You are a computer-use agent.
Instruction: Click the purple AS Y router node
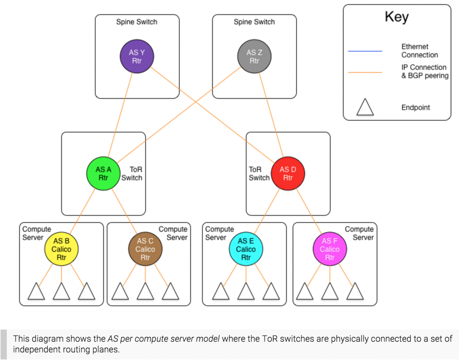(137, 57)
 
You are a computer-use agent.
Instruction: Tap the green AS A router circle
(103, 173)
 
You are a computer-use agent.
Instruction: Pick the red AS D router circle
(288, 173)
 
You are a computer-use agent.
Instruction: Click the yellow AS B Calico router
(62, 249)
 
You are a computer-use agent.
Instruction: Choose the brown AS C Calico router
(145, 249)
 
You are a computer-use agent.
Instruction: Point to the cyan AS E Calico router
(246, 249)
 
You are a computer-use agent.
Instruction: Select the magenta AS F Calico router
(330, 249)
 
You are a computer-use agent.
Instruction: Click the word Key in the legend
(397, 17)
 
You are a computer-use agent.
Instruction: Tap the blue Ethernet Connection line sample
(365, 51)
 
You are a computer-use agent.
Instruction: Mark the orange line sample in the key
(365, 72)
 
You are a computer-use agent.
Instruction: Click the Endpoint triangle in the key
(365, 107)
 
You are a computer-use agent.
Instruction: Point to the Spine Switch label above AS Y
(137, 22)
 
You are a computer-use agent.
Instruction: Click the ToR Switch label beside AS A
(132, 173)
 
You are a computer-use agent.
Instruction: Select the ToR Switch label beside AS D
(259, 173)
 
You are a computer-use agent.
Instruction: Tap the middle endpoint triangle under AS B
(62, 292)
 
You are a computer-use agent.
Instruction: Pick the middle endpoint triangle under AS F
(330, 292)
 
